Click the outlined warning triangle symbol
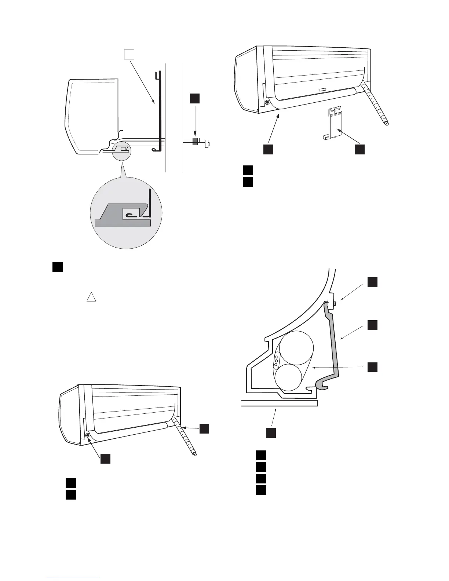pyautogui.click(x=91, y=297)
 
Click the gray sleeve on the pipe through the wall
pyautogui.click(x=195, y=142)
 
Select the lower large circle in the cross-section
pyautogui.click(x=289, y=378)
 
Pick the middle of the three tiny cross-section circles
pyautogui.click(x=276, y=361)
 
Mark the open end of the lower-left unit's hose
pyautogui.click(x=195, y=455)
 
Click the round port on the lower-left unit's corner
pyautogui.click(x=87, y=435)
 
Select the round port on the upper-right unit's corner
pyautogui.click(x=267, y=102)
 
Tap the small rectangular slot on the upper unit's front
pyautogui.click(x=322, y=89)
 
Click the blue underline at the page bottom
pyautogui.click(x=73, y=578)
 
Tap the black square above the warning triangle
pyautogui.click(x=58, y=267)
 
